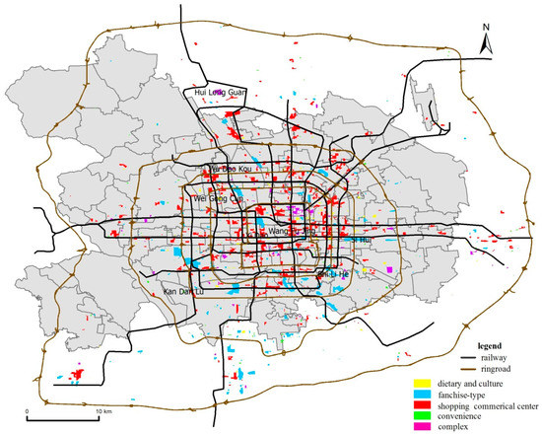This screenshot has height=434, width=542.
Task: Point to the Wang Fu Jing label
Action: point(286,233)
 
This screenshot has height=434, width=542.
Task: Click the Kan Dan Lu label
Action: point(184,292)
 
